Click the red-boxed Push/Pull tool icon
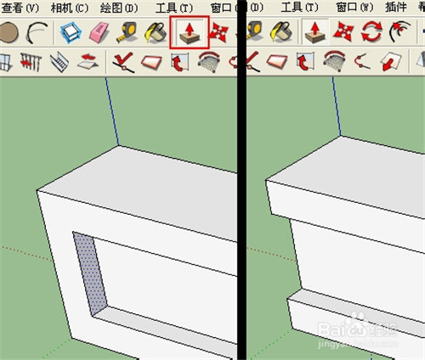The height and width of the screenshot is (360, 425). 190,33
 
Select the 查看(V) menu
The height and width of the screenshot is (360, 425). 21,8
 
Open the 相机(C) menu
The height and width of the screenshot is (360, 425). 69,8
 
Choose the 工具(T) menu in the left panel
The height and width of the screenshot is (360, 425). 173,8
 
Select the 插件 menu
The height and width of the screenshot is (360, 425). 397,8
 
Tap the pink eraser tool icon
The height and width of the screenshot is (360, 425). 99,33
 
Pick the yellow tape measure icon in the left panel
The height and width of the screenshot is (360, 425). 130,33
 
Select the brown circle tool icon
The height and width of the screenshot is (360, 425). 9,33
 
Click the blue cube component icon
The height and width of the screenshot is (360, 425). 69,33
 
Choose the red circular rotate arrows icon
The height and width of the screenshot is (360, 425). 371,33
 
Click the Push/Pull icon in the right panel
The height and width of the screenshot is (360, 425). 314,33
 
